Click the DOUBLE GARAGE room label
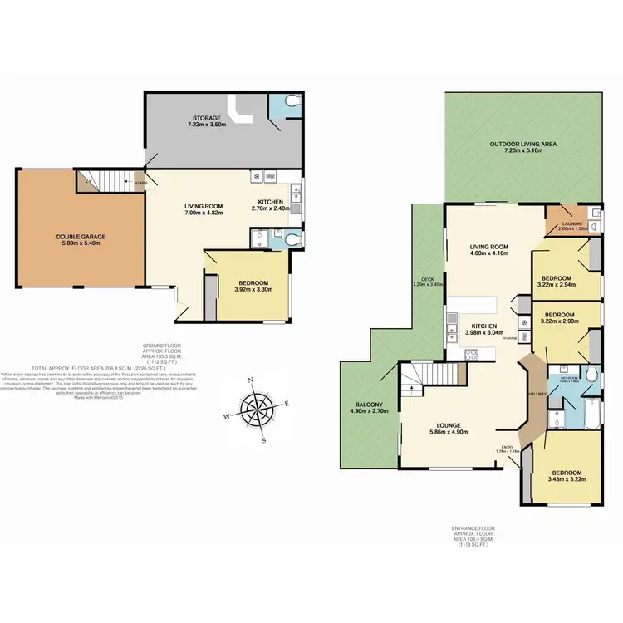click(x=81, y=237)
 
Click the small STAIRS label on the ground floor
click(x=140, y=184)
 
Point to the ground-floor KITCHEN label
click(x=271, y=202)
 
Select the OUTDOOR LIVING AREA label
click(x=522, y=144)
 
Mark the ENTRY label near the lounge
click(x=507, y=447)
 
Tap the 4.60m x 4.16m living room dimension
click(x=488, y=253)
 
